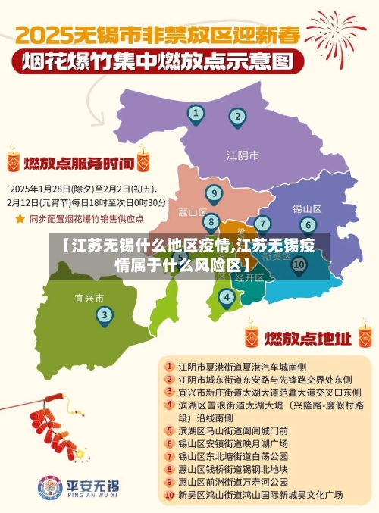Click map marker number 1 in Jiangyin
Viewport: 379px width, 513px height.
point(196,114)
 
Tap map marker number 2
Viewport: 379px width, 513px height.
point(238,117)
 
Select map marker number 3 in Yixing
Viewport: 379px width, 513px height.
point(105,314)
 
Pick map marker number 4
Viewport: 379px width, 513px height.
point(226,298)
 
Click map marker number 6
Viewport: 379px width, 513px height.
point(307,224)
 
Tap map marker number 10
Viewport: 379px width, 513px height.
point(299,264)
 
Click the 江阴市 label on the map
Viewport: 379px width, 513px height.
point(243,155)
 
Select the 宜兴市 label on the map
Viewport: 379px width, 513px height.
point(89,297)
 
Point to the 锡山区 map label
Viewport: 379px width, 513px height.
point(307,208)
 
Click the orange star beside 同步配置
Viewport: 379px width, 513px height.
point(20,218)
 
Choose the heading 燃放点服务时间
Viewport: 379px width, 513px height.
point(79,162)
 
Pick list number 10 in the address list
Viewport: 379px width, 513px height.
point(169,495)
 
